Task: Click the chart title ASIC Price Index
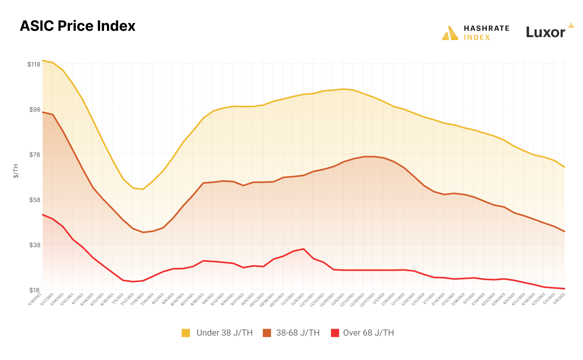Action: (x=77, y=26)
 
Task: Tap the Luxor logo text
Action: (x=546, y=32)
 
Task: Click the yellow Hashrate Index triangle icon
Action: (x=450, y=33)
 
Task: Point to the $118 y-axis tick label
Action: (x=34, y=64)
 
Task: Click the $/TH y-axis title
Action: (x=16, y=171)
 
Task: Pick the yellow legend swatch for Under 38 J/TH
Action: (x=186, y=333)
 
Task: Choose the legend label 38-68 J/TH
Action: (x=298, y=333)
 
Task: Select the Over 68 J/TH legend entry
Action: (x=368, y=333)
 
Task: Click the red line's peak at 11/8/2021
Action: (x=304, y=249)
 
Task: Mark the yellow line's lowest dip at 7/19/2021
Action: (x=143, y=189)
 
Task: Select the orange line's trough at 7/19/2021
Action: (x=143, y=232)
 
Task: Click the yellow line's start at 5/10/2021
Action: (x=42, y=61)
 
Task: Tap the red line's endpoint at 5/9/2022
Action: (x=564, y=289)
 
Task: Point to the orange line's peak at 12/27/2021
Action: (x=374, y=156)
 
